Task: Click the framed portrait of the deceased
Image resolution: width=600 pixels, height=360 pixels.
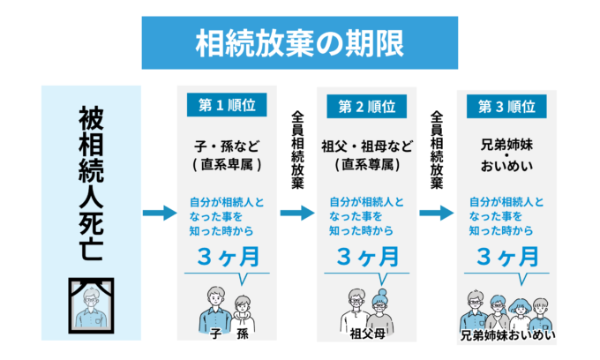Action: point(91,302)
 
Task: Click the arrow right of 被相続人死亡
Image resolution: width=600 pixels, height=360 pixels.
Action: point(160,214)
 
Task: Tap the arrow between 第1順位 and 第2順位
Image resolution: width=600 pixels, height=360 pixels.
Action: point(297,214)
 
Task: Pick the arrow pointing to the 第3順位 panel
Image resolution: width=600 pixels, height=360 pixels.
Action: point(437,214)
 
